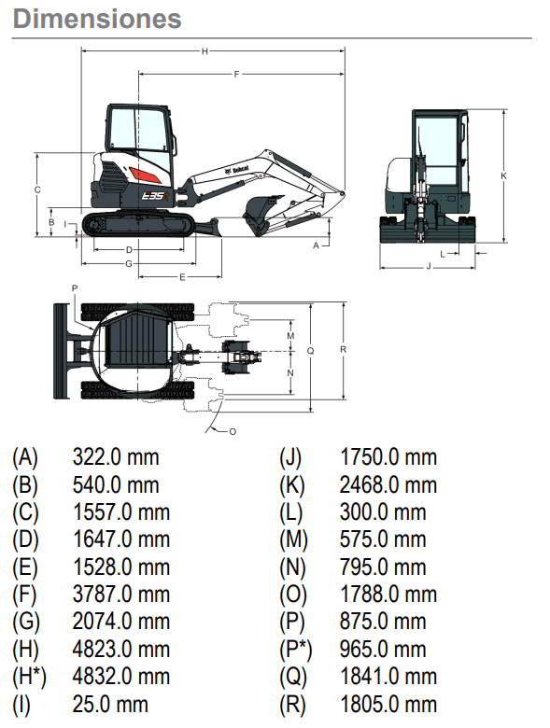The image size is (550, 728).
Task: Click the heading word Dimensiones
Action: pyautogui.click(x=97, y=19)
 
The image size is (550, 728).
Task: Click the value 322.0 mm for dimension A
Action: pyautogui.click(x=116, y=457)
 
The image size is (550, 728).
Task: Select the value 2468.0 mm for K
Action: pyautogui.click(x=388, y=484)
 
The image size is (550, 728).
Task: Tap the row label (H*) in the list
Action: pyautogui.click(x=29, y=677)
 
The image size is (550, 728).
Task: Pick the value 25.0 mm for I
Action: pyautogui.click(x=110, y=705)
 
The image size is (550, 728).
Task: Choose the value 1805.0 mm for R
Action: pyautogui.click(x=388, y=705)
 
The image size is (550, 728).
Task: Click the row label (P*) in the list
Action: pyautogui.click(x=295, y=650)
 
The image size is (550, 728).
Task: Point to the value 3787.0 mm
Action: pyautogui.click(x=121, y=595)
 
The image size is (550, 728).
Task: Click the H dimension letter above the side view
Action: pyautogui.click(x=204, y=51)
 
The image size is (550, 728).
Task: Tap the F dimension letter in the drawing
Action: pyautogui.click(x=236, y=75)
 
